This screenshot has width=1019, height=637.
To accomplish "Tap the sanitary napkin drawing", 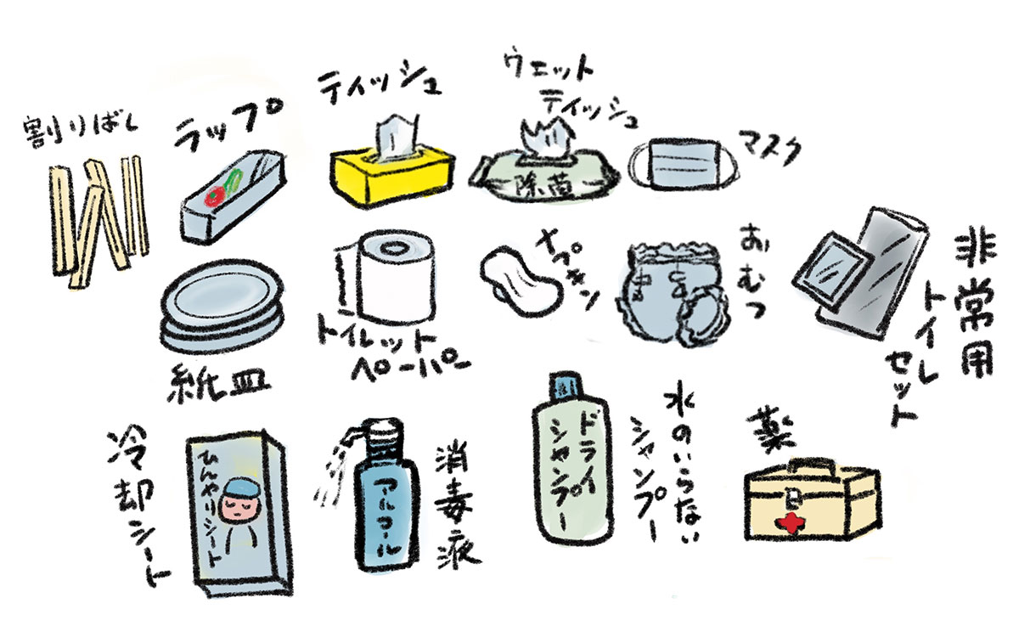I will [518, 278].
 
